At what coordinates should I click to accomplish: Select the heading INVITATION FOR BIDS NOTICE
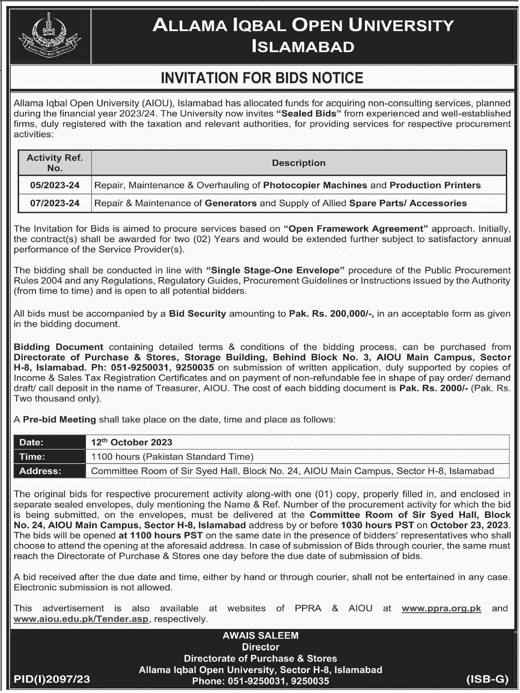point(262,78)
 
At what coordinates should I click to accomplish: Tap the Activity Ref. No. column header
point(54,163)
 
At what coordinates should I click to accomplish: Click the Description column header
point(299,163)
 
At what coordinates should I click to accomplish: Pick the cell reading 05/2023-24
point(55,185)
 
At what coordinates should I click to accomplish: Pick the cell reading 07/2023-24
point(55,203)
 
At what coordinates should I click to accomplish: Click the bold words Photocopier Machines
point(315,185)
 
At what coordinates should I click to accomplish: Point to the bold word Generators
point(231,203)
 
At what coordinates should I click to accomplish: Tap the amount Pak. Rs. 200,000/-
point(331,314)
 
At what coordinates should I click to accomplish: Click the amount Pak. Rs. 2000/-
point(434,388)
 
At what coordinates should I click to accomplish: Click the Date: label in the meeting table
point(31,442)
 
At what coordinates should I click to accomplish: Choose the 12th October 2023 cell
point(132,442)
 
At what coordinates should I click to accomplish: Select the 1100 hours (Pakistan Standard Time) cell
point(172,457)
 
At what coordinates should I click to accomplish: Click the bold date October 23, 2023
point(469,525)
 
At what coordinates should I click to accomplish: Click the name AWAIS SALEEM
point(260,635)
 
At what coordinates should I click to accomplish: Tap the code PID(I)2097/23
point(52,679)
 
